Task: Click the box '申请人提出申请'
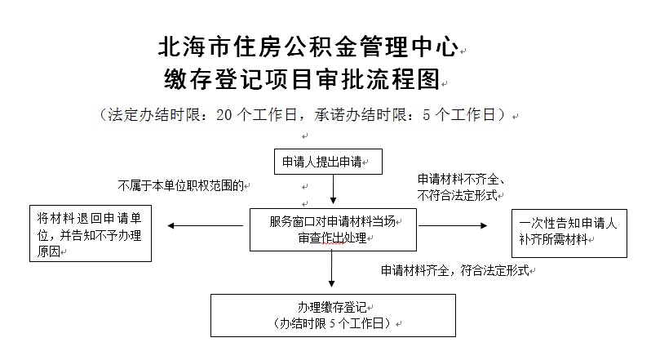[x=328, y=162]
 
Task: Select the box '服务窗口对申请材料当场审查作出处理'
[x=333, y=229]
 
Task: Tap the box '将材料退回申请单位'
[x=91, y=233]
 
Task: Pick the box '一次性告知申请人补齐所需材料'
[x=569, y=233]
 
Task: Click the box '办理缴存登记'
[x=333, y=316]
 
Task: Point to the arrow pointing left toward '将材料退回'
[x=205, y=226]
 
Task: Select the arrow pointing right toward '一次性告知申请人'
[x=453, y=226]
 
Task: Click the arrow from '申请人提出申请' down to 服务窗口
[x=333, y=189]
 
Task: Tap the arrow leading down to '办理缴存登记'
[x=331, y=269]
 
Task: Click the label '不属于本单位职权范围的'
[x=181, y=185]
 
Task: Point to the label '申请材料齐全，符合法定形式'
[x=455, y=271]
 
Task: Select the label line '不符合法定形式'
[x=457, y=195]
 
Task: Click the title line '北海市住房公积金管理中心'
[x=308, y=47]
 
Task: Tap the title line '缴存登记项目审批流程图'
[x=302, y=79]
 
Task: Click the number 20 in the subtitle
[x=224, y=115]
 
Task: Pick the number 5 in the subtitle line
[x=427, y=115]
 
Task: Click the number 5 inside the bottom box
[x=333, y=323]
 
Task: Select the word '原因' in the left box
[x=49, y=251]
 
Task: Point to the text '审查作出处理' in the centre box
[x=332, y=238]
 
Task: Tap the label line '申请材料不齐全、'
[x=461, y=179]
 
